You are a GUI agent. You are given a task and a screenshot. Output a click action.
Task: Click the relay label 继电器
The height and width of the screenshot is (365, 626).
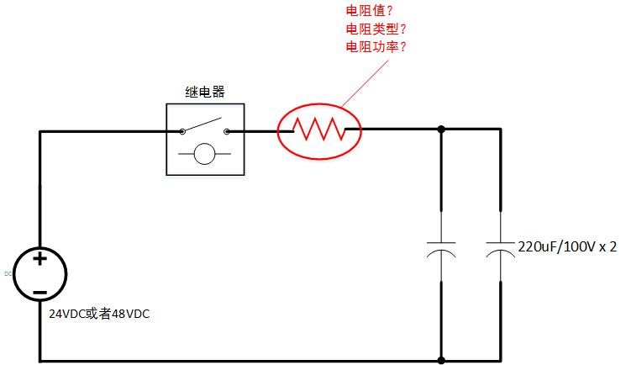[x=205, y=92]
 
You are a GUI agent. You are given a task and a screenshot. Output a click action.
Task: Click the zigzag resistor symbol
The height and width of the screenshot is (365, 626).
[x=318, y=130]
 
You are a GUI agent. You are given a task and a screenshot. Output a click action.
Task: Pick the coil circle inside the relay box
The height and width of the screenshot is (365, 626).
[x=205, y=154]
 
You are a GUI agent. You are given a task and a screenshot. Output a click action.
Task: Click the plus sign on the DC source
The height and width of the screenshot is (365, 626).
[x=39, y=259]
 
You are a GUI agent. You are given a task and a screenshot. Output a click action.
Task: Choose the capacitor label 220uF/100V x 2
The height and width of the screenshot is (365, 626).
[x=569, y=246]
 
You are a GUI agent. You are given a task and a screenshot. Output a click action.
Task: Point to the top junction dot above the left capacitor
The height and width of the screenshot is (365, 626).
[x=441, y=130]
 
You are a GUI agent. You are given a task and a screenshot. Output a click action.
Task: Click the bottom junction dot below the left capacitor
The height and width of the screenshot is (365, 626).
[x=441, y=361]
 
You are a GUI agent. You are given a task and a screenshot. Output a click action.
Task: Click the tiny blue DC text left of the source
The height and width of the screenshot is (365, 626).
[x=8, y=273]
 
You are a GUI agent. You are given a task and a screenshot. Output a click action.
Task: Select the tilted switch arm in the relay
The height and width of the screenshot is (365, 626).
[x=204, y=124]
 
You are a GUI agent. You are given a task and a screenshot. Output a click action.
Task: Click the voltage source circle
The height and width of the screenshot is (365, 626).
[x=39, y=274]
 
